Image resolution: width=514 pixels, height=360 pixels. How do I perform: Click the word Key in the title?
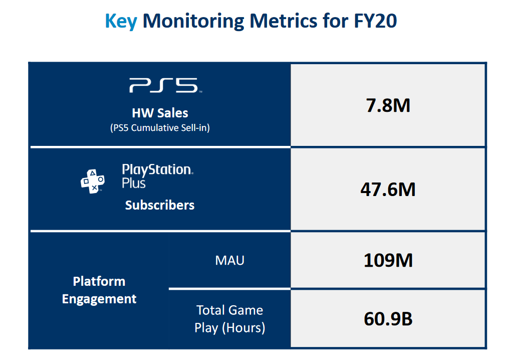tap(120, 21)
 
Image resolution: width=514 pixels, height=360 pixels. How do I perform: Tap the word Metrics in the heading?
tap(285, 21)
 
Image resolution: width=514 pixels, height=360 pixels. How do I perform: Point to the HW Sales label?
tap(160, 113)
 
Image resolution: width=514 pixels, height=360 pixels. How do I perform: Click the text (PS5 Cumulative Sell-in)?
tap(160, 128)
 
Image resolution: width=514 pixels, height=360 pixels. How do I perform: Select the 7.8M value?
tap(388, 105)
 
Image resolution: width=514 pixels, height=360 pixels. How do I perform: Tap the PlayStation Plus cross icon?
tap(93, 181)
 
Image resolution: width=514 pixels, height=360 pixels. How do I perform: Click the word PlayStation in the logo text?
tap(157, 169)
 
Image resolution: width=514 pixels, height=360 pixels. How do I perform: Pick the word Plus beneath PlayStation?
tap(134, 184)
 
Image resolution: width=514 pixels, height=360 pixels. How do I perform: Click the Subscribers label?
tap(160, 205)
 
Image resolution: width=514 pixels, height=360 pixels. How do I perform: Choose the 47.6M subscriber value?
tap(388, 190)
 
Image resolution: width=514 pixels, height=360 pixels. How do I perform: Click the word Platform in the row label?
tap(99, 281)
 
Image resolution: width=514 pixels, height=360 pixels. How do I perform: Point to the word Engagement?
tap(99, 299)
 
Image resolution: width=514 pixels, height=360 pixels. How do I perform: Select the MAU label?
tap(229, 260)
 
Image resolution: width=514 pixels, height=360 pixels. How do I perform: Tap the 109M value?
tap(388, 260)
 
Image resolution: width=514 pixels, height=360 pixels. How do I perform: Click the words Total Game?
tap(229, 310)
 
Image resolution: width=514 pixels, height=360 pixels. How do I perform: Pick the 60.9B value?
tap(388, 319)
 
